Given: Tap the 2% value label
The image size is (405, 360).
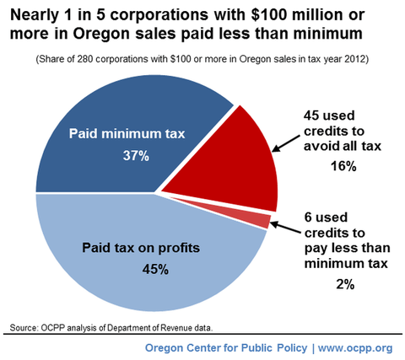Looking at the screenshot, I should pos(345,285).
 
